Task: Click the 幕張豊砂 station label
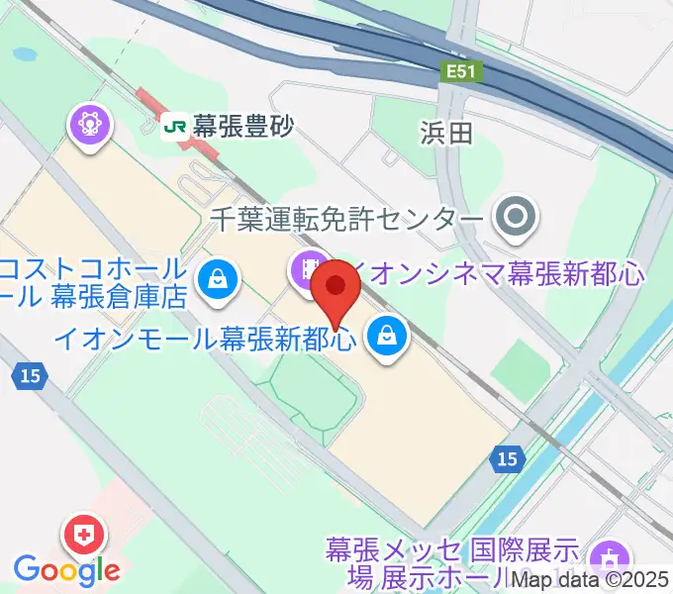[x=243, y=126]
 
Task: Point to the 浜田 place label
[x=447, y=134]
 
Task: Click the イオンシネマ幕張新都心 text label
[x=500, y=269]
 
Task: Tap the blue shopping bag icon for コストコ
[x=216, y=279]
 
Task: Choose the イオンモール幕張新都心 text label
[x=204, y=339]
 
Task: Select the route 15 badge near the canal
[x=506, y=457]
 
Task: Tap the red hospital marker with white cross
[x=81, y=536]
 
